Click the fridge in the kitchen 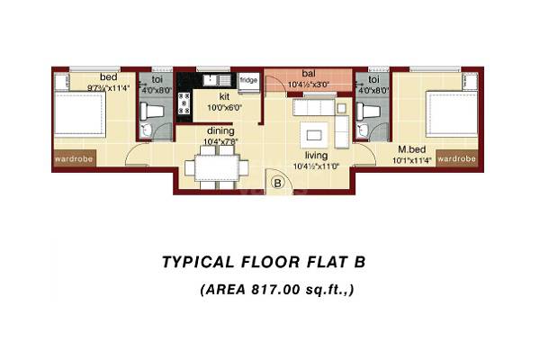[247, 80]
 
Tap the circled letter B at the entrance [277, 183]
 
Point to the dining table [215, 166]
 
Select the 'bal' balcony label [308, 74]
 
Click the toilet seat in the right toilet [367, 114]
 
